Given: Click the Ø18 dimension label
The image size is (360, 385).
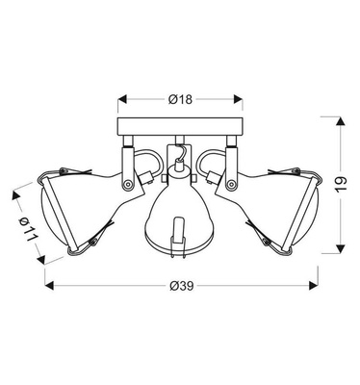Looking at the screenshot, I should click(180, 99).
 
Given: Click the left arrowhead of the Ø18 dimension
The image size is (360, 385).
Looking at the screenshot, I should click(122, 99).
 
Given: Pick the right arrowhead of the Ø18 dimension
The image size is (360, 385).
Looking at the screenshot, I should click(238, 99).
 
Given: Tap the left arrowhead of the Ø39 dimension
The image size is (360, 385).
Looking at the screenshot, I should click(48, 285).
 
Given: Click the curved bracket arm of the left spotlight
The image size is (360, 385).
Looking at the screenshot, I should click(147, 160).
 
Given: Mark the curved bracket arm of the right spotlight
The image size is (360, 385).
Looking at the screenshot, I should click(212, 160).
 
